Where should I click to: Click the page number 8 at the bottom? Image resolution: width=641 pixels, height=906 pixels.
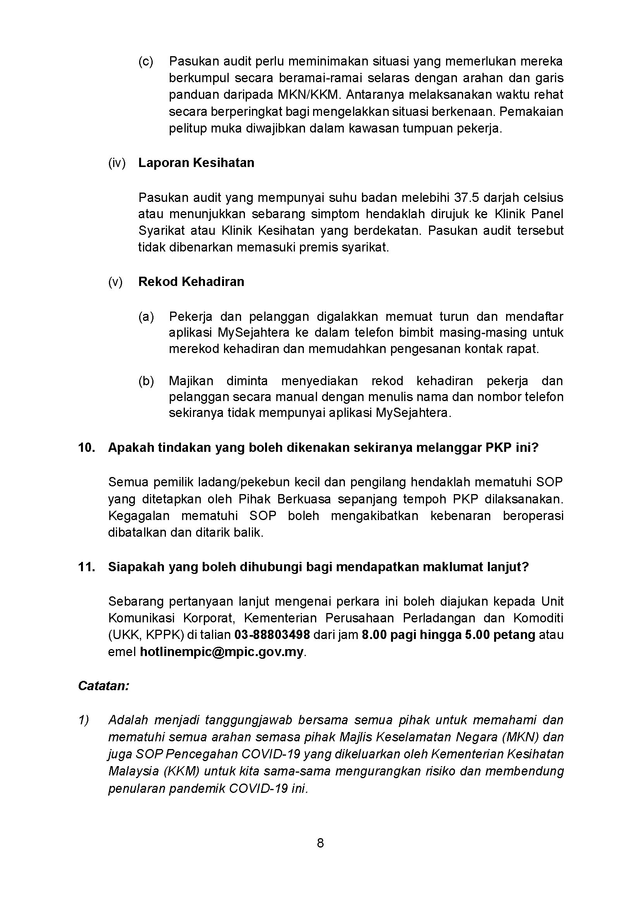pos(320,843)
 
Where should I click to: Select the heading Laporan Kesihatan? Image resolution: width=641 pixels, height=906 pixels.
pos(196,163)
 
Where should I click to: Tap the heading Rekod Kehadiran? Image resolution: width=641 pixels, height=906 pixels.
pos(191,282)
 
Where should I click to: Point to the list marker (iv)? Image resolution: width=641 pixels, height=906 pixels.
pos(116,163)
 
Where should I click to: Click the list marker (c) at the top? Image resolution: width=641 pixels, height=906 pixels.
pos(146,62)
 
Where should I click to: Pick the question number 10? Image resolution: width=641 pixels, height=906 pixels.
pos(86,448)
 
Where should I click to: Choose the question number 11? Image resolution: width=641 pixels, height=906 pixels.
pos(86,567)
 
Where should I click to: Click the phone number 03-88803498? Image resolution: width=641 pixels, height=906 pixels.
pos(272,635)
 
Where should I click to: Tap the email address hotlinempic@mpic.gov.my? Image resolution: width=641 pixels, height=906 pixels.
pos(221,652)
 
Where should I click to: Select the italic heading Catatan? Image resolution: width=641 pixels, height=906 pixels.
pos(103,686)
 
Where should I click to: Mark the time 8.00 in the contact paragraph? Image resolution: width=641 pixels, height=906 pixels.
pos(373,635)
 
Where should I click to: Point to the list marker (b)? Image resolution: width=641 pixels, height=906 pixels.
pos(146,381)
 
